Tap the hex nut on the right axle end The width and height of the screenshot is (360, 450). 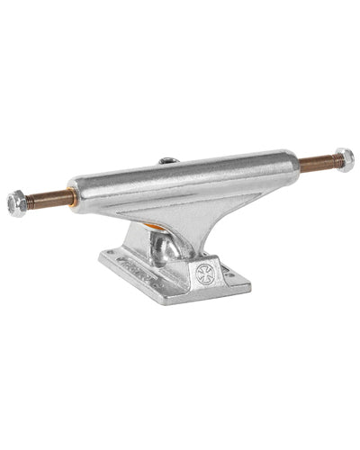pyautogui.click(x=343, y=158)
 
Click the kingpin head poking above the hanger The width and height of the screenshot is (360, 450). pyautogui.click(x=168, y=161)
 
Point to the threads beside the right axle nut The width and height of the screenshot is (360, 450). pyautogui.click(x=331, y=161)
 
